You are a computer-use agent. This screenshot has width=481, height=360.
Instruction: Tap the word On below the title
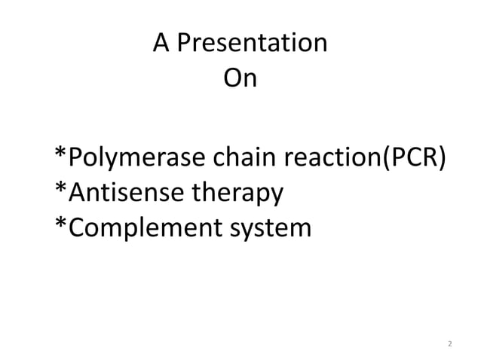(240, 78)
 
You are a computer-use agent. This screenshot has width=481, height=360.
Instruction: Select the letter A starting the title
(161, 44)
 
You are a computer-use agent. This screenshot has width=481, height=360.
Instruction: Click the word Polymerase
(133, 160)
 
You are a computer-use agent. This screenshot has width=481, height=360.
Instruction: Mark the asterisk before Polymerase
(61, 155)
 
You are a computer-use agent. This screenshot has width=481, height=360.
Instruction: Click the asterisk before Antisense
(61, 189)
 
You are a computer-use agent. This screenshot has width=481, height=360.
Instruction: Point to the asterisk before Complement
(61, 223)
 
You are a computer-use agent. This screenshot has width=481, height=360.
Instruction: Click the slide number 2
(450, 343)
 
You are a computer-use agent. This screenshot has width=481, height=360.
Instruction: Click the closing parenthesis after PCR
(441, 160)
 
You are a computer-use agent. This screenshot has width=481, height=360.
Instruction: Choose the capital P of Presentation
(182, 44)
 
